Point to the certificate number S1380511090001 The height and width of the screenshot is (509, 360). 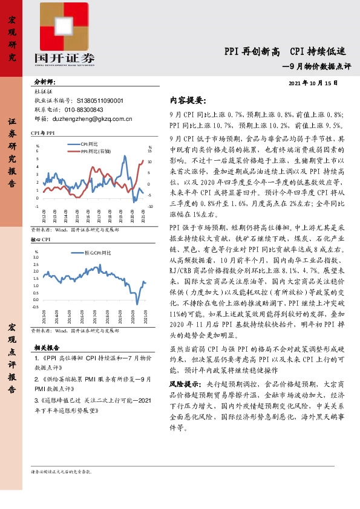click(x=100, y=101)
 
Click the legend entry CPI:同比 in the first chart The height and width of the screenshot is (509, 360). click(x=90, y=144)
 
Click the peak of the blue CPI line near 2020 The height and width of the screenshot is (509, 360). click(x=125, y=157)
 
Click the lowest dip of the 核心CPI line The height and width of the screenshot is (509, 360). click(x=137, y=303)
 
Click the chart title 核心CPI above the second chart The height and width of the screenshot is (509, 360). click(x=40, y=239)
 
